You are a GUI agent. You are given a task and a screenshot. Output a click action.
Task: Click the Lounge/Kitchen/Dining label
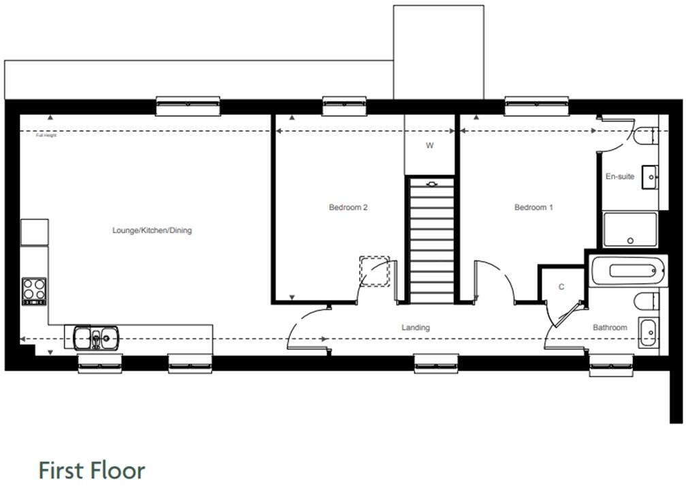pos(152,230)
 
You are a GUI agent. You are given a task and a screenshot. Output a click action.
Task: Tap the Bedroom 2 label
pos(348,207)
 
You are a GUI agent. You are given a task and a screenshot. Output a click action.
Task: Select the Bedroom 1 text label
pos(533,207)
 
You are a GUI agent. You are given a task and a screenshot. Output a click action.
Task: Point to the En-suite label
pos(619,177)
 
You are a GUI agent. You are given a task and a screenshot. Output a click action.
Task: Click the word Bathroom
pos(609,328)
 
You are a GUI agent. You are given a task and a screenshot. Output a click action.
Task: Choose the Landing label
pos(415,328)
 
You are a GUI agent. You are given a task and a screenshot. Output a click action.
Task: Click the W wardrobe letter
pos(429,145)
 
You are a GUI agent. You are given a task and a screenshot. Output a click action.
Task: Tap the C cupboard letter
pos(561,287)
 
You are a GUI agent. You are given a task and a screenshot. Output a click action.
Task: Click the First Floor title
pos(91,470)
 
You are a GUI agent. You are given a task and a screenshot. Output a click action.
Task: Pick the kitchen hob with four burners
pos(34,291)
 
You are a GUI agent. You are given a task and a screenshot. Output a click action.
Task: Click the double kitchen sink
pos(96,337)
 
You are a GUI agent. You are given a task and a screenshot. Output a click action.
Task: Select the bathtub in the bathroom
pos(628,271)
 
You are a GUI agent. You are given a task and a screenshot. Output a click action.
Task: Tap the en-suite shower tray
pos(630,230)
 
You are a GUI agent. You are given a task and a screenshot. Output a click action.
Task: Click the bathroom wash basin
pos(648,333)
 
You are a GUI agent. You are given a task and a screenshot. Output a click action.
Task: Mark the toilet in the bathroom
pos(646,301)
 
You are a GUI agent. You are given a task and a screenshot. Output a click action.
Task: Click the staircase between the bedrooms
pos(430,239)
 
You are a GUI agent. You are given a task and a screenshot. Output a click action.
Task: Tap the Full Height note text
pos(46,135)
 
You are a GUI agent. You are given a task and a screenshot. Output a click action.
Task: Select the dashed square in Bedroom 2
pos(374,271)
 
